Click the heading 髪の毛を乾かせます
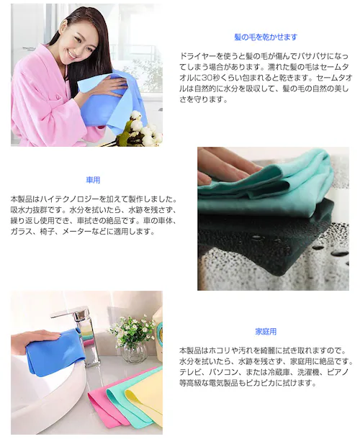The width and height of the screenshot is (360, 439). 266,37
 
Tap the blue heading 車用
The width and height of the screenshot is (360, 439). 92,180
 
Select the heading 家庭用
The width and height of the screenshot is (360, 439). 266,332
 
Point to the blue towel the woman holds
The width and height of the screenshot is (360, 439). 115,101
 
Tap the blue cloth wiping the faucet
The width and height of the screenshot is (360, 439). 54,353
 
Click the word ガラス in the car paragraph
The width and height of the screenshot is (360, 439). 23,232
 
